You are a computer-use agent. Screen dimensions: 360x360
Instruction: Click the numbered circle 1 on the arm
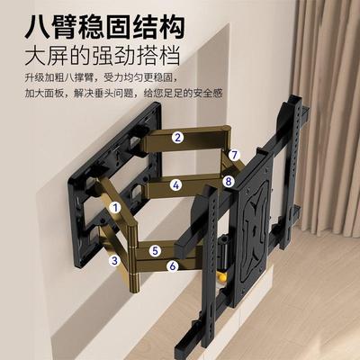coord(116,206)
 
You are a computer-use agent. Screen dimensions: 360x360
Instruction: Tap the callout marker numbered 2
coord(178,138)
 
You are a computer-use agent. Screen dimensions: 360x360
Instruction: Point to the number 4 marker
coord(177,185)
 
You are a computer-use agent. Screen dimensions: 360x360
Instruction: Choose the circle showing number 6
coord(171,265)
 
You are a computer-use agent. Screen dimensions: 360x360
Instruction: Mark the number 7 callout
coord(233,155)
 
